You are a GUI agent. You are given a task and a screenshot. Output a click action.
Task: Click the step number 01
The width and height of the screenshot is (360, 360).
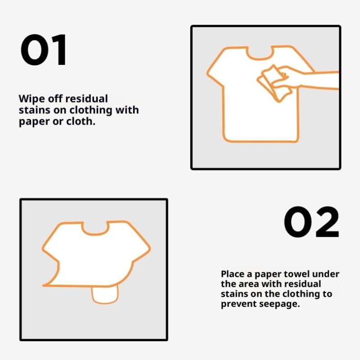pos(44,50)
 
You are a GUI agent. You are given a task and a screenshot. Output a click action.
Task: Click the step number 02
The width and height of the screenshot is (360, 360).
pos(311,221)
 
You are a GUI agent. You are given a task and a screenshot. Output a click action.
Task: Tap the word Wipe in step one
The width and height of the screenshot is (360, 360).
pos(31,99)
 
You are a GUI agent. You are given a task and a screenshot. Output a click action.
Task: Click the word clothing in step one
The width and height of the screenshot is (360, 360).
pos(91,110)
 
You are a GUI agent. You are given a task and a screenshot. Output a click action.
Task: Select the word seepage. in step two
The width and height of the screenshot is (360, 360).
pos(279,305)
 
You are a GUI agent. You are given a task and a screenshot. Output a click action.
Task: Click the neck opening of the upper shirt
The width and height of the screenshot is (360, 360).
pos(260,56)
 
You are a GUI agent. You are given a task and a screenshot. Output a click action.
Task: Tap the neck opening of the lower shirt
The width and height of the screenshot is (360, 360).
pos(94,231)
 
